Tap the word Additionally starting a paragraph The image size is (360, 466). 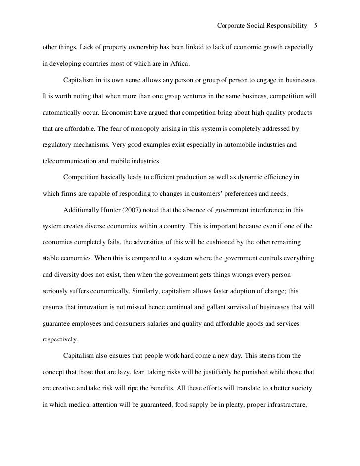click(81, 210)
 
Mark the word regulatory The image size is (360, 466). click(58, 146)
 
